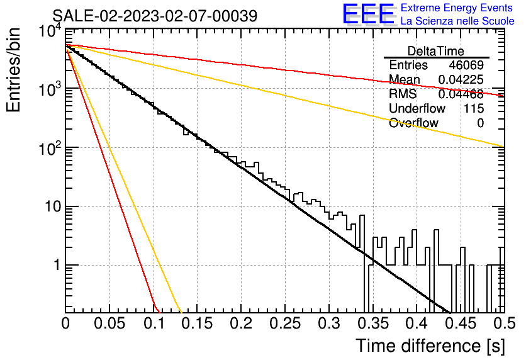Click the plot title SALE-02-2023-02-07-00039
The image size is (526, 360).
155,16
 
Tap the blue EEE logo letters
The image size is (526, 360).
368,14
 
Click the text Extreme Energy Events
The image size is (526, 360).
457,8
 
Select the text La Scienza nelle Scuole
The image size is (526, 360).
457,21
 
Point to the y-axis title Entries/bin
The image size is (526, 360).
13,70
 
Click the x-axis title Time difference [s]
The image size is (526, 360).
430,346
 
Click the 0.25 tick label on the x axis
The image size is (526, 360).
285,323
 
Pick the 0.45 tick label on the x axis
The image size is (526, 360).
461,323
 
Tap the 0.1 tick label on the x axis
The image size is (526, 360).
154,323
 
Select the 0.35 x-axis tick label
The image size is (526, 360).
373,323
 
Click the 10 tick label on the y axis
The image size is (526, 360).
53,206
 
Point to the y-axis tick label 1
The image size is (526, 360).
57,265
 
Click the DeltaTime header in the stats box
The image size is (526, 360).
436,51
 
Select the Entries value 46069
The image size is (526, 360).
466,65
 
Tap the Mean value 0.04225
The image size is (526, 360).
461,79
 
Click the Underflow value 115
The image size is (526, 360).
474,108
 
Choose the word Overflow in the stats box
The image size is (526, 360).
413,123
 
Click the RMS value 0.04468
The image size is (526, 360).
461,94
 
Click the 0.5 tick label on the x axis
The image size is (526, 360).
505,323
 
